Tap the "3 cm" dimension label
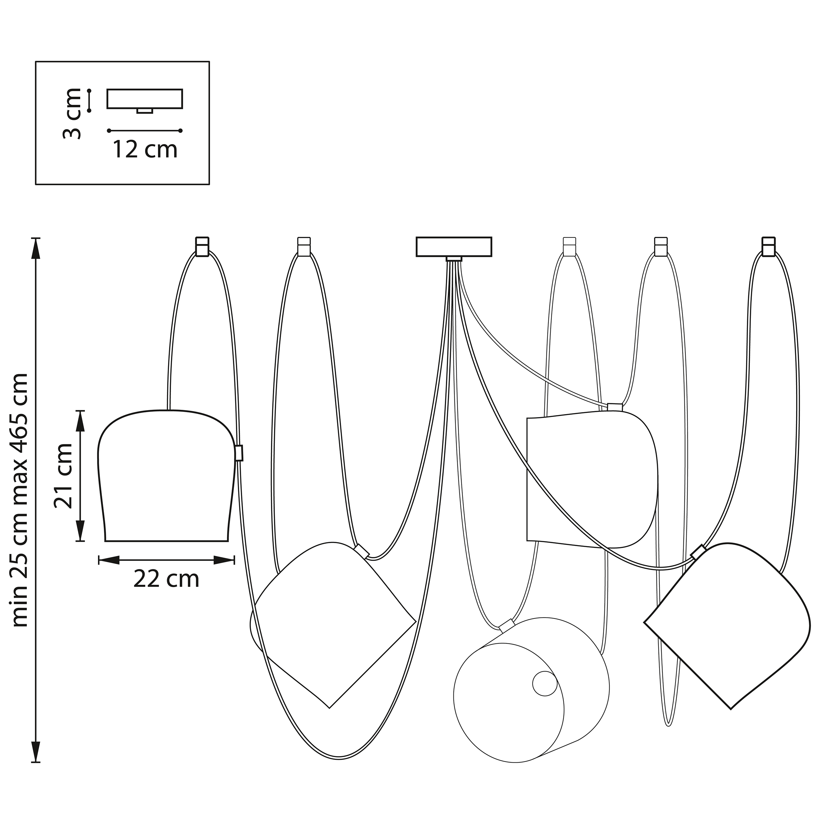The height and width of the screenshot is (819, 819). pyautogui.click(x=72, y=114)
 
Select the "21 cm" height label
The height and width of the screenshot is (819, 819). pyautogui.click(x=63, y=476)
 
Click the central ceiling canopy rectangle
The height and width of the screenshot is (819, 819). pyautogui.click(x=454, y=247)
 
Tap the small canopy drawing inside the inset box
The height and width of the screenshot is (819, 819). pyautogui.click(x=145, y=101)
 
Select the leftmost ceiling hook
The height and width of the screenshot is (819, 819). pyautogui.click(x=202, y=246)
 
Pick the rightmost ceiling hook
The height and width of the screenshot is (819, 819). pyautogui.click(x=769, y=246)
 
